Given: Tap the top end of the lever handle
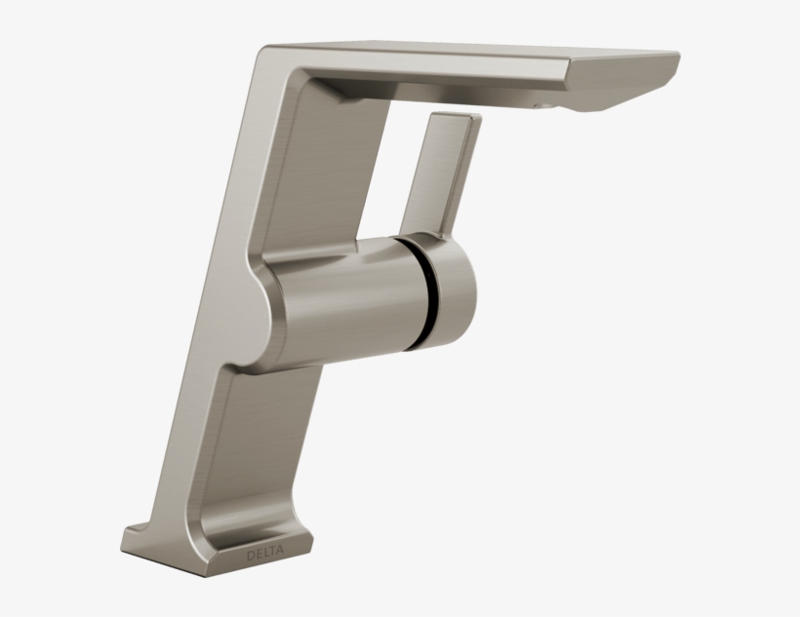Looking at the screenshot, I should pyautogui.click(x=454, y=119).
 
